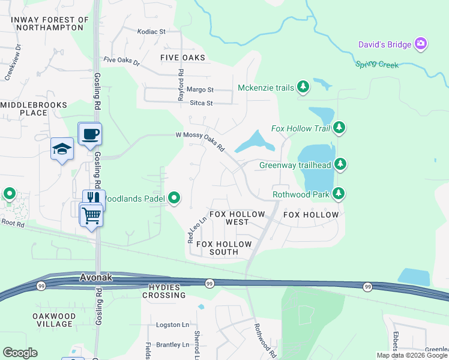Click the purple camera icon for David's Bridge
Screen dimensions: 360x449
pos(421,44)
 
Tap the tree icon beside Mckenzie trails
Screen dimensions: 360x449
pos(303,88)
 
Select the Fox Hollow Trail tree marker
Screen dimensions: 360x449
pos(339,127)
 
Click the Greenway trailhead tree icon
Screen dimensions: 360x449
pos(340,164)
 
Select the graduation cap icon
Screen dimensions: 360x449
pos(62,149)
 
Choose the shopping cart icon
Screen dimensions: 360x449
pos(91,214)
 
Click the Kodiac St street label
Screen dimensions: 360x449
pos(151,31)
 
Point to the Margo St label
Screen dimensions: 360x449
pos(200,90)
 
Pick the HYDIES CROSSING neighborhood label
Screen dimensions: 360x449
pos(164,291)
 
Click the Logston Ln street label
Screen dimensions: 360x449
pos(172,325)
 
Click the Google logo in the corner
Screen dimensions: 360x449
pos(20,352)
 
